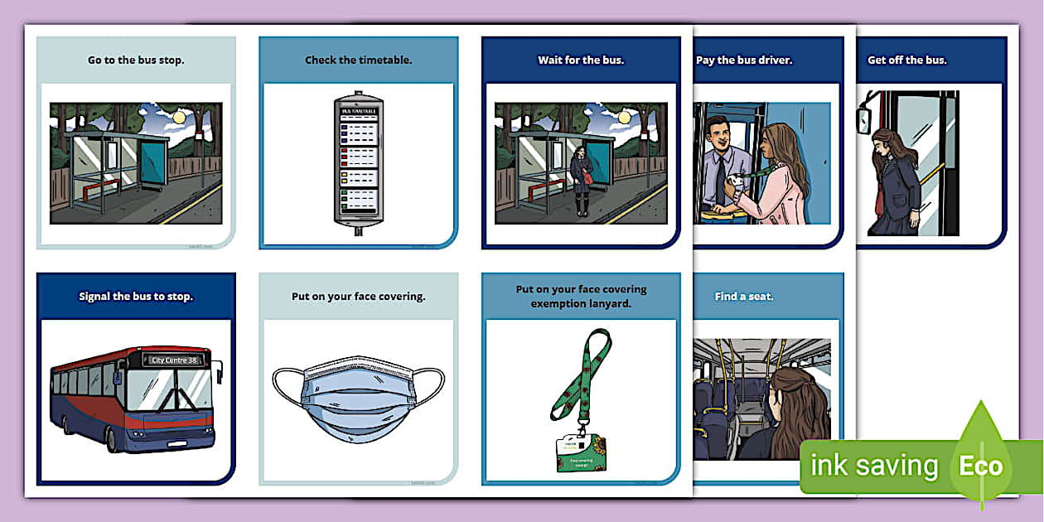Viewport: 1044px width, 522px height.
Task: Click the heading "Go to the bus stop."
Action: pos(136,60)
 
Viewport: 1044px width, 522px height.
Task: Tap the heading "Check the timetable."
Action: pos(358,60)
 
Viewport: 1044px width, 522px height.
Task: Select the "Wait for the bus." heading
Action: pos(581,60)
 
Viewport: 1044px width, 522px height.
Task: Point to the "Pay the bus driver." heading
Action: pos(744,60)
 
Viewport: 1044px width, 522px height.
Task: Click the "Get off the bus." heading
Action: pos(906,60)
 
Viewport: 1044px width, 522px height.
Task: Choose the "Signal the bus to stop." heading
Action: pos(136,296)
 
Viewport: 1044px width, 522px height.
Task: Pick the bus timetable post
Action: pos(358,162)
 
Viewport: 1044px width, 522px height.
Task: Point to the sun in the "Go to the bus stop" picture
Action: pos(179,118)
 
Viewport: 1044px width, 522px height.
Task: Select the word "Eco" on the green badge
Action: pos(981,466)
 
